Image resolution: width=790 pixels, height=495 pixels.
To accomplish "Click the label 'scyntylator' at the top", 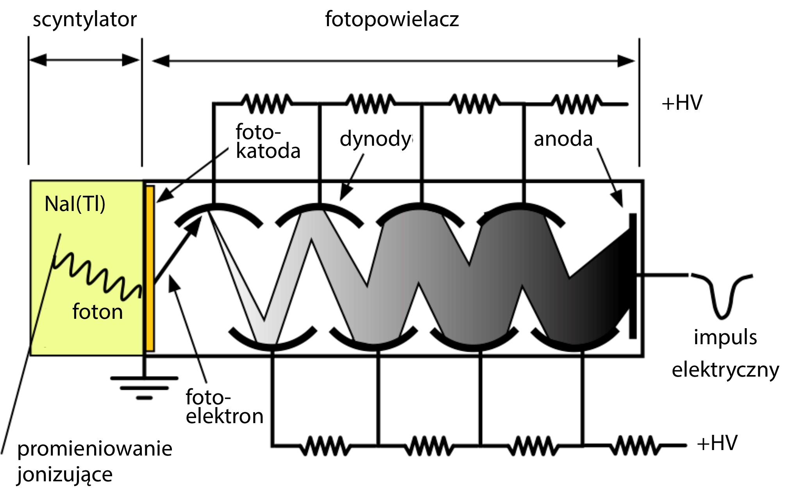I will [x=84, y=20].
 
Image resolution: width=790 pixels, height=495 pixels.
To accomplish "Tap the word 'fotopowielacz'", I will [x=391, y=20].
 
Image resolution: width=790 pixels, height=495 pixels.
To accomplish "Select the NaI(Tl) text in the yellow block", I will [x=75, y=204].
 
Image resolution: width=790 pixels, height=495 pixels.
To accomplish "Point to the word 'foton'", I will [x=98, y=312].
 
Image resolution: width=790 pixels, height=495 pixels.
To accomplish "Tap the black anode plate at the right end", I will [x=633, y=276].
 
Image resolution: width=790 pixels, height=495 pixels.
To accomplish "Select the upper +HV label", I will [x=682, y=103].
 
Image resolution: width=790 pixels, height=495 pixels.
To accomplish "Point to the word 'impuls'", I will [x=725, y=337].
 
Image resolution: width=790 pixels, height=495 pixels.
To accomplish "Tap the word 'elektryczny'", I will [x=725, y=370].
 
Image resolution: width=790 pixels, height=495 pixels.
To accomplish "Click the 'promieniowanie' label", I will [x=95, y=449].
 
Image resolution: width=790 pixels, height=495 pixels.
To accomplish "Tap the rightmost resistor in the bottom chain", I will [x=635, y=445].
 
